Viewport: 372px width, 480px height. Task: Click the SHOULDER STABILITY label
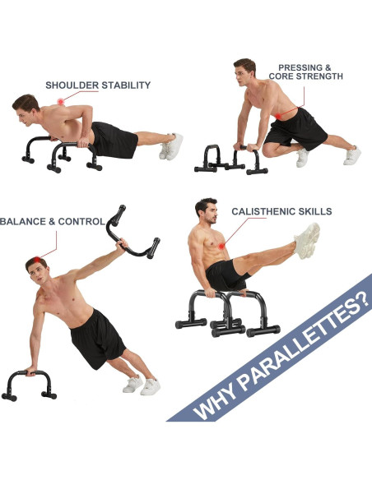(x=98, y=85)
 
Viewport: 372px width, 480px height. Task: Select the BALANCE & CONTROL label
(x=51, y=221)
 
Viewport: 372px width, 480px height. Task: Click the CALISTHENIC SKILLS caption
(x=281, y=211)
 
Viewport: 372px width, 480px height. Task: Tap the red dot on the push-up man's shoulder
(x=59, y=101)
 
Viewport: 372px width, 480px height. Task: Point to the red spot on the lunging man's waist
(x=282, y=115)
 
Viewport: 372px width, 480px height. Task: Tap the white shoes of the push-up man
(x=172, y=146)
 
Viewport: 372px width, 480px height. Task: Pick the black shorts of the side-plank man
(x=96, y=336)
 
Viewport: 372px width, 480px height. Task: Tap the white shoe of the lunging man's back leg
(x=352, y=155)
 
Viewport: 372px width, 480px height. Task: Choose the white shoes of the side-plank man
(x=142, y=385)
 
